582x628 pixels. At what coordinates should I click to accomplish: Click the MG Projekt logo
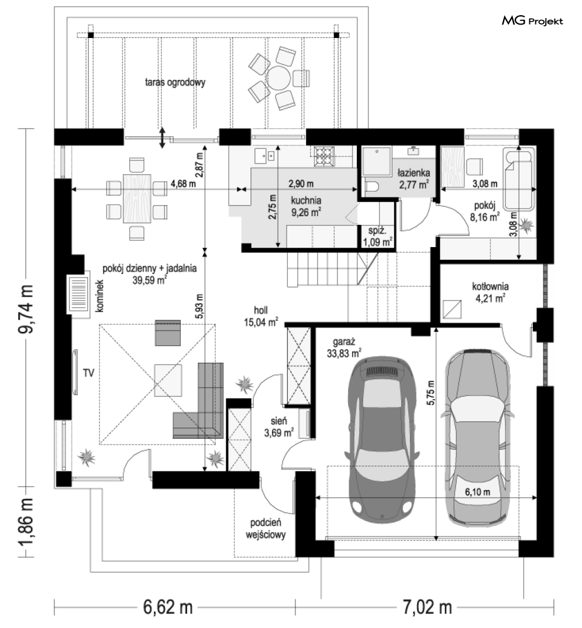click(x=532, y=20)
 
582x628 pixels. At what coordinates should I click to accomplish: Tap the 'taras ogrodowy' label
click(x=175, y=82)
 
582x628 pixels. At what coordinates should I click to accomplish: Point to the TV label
click(x=88, y=373)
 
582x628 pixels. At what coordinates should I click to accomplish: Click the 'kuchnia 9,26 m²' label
click(x=306, y=206)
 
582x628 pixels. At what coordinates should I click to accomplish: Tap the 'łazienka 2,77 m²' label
click(x=414, y=179)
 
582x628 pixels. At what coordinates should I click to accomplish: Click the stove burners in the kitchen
click(x=324, y=156)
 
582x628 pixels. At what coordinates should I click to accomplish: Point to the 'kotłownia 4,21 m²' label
click(x=490, y=292)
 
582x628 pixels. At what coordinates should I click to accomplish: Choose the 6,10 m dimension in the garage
click(x=477, y=491)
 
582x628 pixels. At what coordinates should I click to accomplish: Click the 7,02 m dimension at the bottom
click(x=427, y=608)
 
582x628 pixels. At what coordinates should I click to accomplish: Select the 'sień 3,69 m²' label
click(x=279, y=427)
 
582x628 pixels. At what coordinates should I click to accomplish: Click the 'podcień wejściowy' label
click(x=266, y=529)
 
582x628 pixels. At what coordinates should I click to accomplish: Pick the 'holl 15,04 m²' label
click(x=261, y=316)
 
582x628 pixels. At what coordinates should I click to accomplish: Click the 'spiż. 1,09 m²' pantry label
click(x=377, y=237)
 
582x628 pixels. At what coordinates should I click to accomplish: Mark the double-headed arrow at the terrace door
click(x=162, y=138)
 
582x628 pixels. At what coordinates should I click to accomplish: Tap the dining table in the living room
click(x=137, y=199)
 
